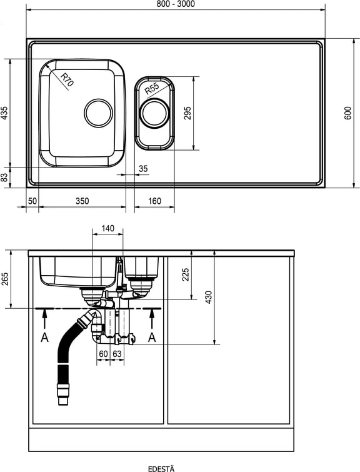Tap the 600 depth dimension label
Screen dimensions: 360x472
click(x=347, y=113)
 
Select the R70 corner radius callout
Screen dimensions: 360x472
click(x=67, y=80)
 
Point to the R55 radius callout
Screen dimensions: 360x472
click(x=152, y=89)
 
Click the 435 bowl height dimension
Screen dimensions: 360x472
click(x=4, y=113)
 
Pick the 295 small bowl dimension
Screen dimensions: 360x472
click(x=187, y=113)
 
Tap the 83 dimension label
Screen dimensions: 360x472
click(x=4, y=178)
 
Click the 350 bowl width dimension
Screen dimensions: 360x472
click(x=82, y=201)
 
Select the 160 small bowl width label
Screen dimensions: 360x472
click(x=154, y=201)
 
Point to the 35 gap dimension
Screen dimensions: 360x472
click(x=143, y=169)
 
